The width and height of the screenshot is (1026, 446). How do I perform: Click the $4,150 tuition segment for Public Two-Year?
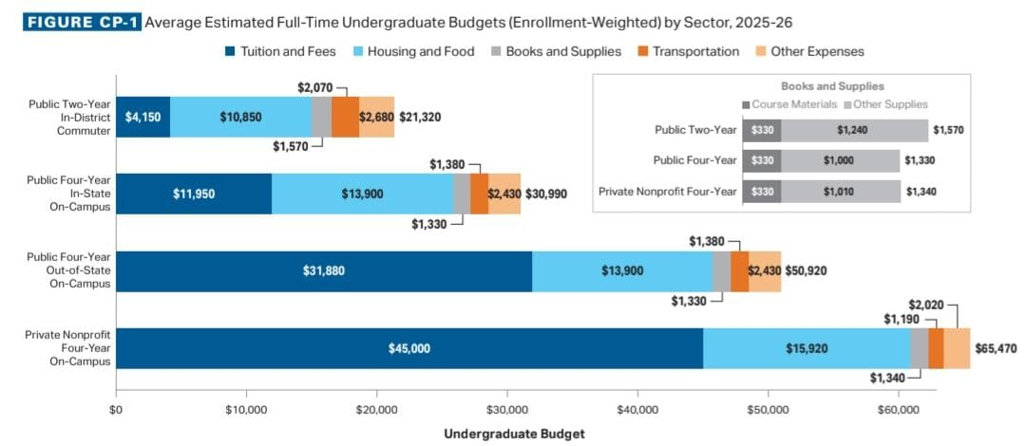click(x=142, y=117)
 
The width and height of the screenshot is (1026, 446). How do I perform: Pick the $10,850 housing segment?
click(x=240, y=117)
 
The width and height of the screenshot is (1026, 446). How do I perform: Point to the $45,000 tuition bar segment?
click(x=409, y=348)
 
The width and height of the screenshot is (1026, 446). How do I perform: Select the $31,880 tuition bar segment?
click(x=324, y=270)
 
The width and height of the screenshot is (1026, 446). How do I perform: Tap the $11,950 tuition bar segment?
click(x=194, y=194)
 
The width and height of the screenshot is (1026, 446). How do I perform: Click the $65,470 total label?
click(x=995, y=348)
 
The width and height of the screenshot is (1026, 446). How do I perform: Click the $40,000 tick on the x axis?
click(x=637, y=412)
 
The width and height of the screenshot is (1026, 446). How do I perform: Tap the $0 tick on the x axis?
click(x=116, y=412)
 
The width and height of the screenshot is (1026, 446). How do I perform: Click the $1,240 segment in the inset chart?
click(x=853, y=130)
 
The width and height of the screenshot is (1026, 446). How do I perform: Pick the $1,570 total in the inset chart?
click(x=948, y=130)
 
